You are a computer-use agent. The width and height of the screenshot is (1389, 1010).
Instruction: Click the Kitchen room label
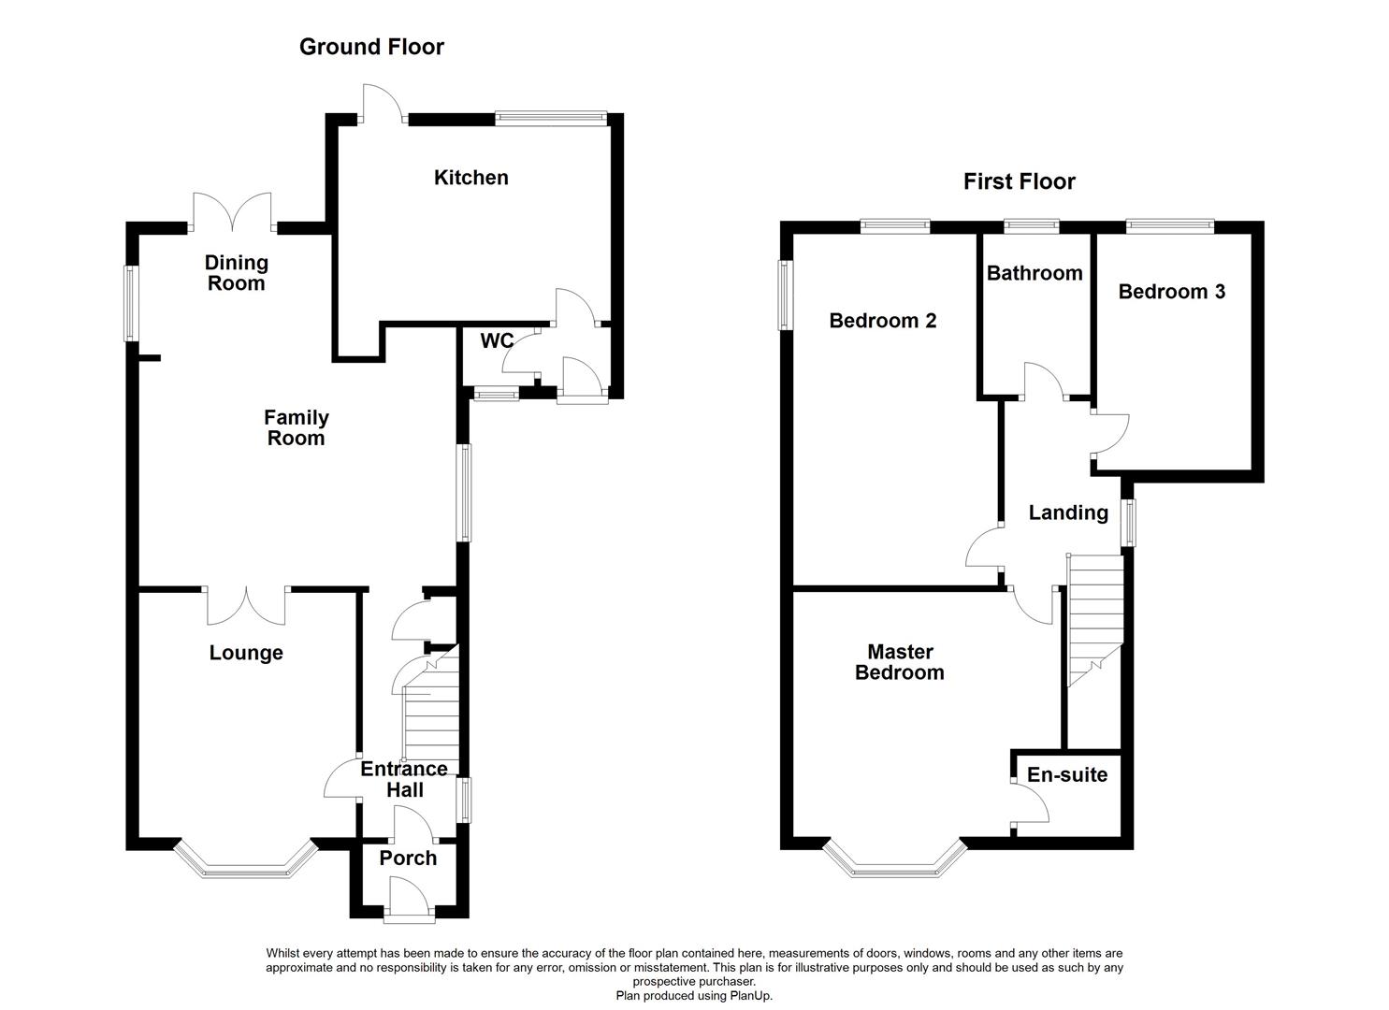click(470, 178)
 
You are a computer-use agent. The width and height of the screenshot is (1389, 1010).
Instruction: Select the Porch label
click(408, 858)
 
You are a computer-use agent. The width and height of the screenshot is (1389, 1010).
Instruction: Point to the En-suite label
click(1066, 775)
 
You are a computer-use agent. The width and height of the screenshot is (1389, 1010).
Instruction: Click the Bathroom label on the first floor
click(1035, 273)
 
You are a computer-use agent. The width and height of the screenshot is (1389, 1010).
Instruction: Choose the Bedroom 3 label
click(1171, 292)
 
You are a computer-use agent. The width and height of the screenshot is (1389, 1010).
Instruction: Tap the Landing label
click(1068, 512)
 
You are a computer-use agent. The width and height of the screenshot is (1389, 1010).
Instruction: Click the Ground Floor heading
click(371, 47)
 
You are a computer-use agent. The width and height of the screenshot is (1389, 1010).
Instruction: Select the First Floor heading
click(1020, 181)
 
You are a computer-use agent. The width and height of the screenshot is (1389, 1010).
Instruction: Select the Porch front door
click(410, 904)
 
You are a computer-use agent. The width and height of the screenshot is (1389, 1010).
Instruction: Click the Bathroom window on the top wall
click(1032, 224)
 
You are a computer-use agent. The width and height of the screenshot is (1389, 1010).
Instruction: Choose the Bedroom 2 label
click(882, 321)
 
